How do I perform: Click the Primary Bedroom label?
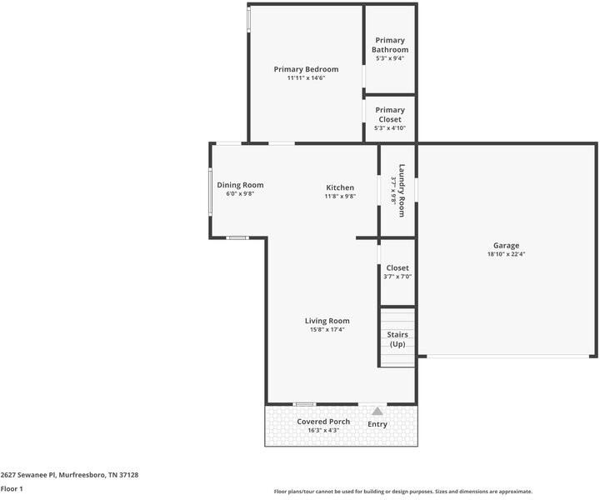click(x=306, y=69)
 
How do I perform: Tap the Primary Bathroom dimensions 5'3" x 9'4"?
click(x=390, y=58)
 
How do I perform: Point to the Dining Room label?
click(x=240, y=185)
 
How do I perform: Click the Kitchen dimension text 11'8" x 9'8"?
click(x=339, y=197)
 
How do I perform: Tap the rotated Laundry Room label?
click(x=402, y=190)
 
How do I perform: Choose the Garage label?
click(x=506, y=245)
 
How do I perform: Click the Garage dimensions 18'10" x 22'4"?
click(x=506, y=254)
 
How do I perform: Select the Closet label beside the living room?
click(x=397, y=267)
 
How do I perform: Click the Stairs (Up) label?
click(x=397, y=339)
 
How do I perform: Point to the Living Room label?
click(x=327, y=321)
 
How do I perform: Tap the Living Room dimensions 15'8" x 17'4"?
click(x=327, y=330)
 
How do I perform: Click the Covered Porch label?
click(x=323, y=422)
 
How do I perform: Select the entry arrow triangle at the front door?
click(x=377, y=411)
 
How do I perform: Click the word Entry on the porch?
click(x=377, y=424)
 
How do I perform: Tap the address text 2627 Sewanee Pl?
click(x=28, y=474)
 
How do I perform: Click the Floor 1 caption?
click(x=12, y=488)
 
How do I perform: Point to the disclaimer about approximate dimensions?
click(x=402, y=492)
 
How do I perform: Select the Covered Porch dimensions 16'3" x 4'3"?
click(x=323, y=431)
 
